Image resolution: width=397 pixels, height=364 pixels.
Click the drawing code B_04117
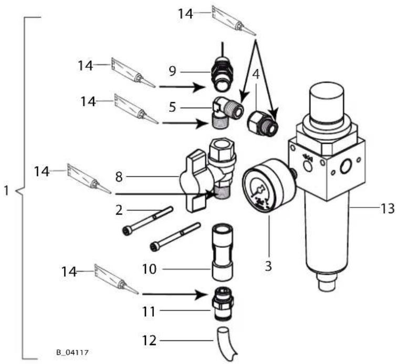click(x=72, y=352)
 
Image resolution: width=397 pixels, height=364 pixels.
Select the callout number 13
click(x=387, y=209)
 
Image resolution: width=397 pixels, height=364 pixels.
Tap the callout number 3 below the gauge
click(x=268, y=266)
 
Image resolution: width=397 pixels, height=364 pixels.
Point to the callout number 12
click(x=149, y=340)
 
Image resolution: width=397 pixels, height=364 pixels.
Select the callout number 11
click(x=149, y=311)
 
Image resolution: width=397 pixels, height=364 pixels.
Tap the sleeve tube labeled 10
click(x=222, y=252)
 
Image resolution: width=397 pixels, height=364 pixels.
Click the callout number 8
click(x=119, y=176)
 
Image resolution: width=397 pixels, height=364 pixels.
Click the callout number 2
click(x=119, y=210)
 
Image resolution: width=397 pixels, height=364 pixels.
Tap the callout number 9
click(x=172, y=71)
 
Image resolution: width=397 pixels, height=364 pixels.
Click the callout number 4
click(x=256, y=75)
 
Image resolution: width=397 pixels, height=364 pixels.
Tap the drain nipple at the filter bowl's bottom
click(x=327, y=283)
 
